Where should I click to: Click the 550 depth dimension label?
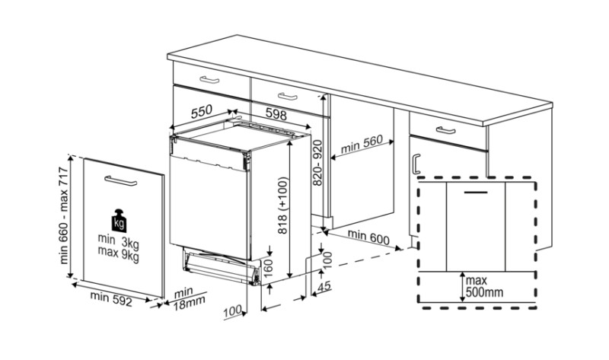[x=202, y=111]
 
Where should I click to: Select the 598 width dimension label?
[x=276, y=114]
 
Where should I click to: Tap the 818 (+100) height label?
[x=283, y=205]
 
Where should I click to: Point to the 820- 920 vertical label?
[x=317, y=163]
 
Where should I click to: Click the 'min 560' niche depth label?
[x=362, y=144]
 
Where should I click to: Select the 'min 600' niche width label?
[x=368, y=237]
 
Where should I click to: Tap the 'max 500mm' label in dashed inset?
[x=484, y=286]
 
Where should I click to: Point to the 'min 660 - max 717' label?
[x=64, y=215]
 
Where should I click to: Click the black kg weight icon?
[x=119, y=220]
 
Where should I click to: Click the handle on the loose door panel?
[x=121, y=181]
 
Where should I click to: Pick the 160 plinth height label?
[x=269, y=268]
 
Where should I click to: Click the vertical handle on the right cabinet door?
[x=416, y=164]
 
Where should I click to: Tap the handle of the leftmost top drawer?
[x=209, y=80]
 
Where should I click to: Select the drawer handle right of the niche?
[x=445, y=130]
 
